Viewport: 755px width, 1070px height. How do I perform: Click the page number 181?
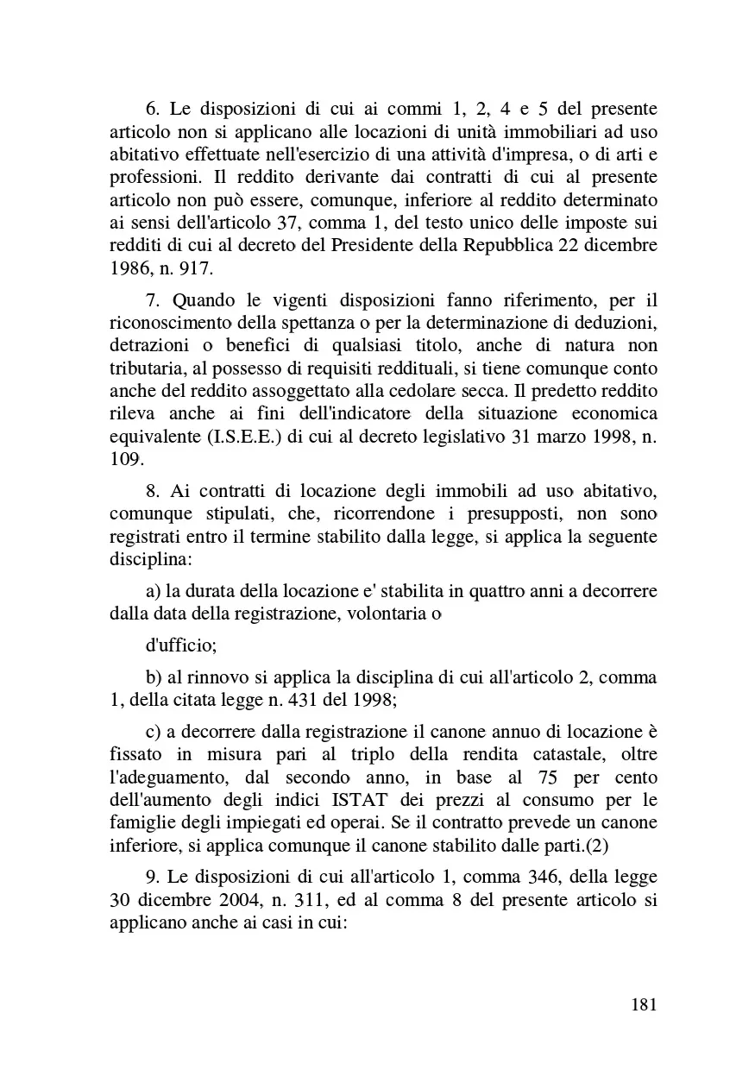click(x=645, y=1004)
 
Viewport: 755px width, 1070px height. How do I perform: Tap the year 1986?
click(x=130, y=267)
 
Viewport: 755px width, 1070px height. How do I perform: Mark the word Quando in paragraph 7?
click(x=204, y=300)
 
